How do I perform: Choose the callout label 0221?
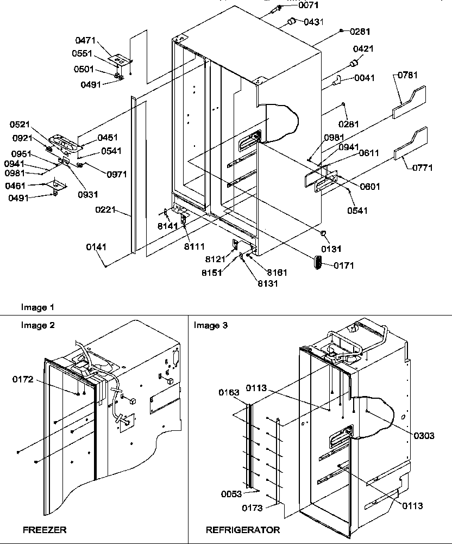click(108, 209)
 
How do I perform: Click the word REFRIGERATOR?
click(243, 529)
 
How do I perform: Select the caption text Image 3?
click(211, 325)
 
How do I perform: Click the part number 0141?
click(96, 247)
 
